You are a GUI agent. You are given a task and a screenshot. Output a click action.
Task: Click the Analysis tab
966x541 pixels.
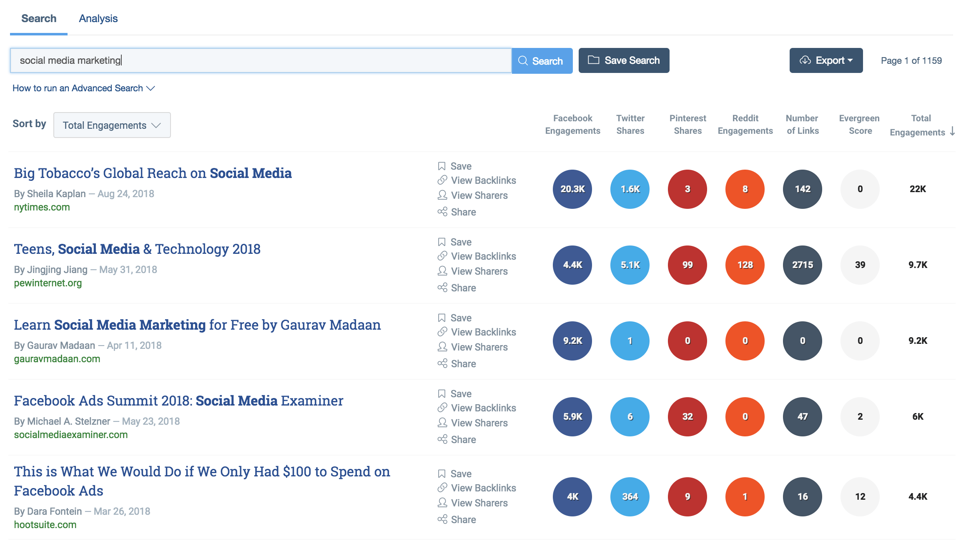(98, 18)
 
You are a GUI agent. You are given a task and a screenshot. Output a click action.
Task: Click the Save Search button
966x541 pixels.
(624, 60)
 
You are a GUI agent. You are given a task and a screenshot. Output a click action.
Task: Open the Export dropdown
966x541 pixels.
(825, 60)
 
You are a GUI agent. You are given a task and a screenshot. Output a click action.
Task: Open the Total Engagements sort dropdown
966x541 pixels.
(112, 125)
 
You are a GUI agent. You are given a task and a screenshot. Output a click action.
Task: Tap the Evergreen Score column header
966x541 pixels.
(859, 124)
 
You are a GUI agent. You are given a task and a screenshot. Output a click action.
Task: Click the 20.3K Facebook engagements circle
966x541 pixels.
(572, 189)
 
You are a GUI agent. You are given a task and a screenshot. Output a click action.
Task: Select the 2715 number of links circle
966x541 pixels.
(802, 265)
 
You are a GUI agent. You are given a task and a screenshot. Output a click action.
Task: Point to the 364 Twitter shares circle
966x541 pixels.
(630, 496)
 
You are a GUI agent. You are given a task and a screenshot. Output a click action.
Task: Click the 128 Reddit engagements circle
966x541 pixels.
(745, 265)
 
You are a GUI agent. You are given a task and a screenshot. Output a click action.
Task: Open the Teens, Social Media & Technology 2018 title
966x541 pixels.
(137, 249)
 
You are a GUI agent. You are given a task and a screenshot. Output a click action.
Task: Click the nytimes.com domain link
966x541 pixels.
(42, 207)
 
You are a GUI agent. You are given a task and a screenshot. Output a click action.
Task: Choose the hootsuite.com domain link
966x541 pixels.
(45, 525)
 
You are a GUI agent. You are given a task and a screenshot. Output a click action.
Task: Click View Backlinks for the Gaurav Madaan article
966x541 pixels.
(483, 332)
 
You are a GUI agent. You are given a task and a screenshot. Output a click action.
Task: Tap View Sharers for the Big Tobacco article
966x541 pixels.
(479, 195)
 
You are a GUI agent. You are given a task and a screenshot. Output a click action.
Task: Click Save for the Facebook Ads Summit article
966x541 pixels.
(460, 394)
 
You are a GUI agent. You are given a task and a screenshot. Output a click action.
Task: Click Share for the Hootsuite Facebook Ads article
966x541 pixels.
(463, 520)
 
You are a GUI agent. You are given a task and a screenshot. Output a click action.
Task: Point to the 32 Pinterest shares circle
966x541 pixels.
(687, 417)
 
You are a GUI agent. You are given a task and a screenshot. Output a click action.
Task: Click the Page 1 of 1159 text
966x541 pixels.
(911, 60)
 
